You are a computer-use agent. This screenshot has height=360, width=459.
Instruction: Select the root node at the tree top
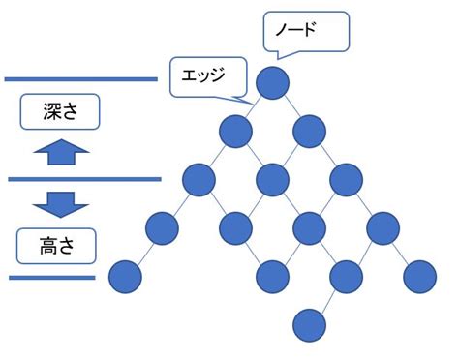(x=272, y=79)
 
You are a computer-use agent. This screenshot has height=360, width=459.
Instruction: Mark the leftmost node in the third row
(x=199, y=178)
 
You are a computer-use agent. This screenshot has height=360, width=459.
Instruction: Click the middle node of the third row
(x=272, y=178)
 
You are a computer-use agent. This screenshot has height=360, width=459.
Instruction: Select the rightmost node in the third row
(x=345, y=178)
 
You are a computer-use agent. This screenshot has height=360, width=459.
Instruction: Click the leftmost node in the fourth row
(x=163, y=228)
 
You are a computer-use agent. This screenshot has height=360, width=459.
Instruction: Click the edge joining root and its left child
(x=254, y=104)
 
